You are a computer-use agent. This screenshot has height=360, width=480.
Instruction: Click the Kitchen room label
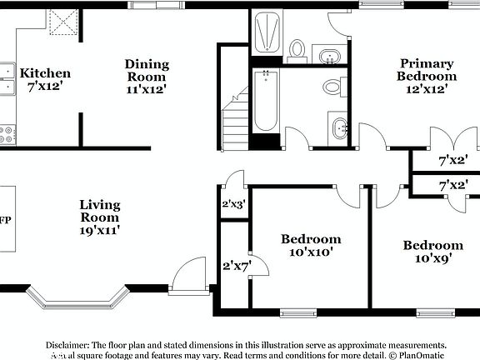pos(45,73)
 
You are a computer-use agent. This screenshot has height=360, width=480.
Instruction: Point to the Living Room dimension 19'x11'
pos(100,230)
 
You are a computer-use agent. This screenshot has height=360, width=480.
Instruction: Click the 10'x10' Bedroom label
pos(310,240)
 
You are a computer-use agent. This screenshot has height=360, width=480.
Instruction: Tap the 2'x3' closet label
pos(233,203)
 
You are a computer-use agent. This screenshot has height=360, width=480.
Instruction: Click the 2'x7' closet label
pos(236,266)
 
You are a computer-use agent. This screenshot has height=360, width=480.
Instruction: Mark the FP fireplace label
pos(5,220)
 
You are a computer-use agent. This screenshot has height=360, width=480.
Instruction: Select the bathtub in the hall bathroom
pos(266,102)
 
